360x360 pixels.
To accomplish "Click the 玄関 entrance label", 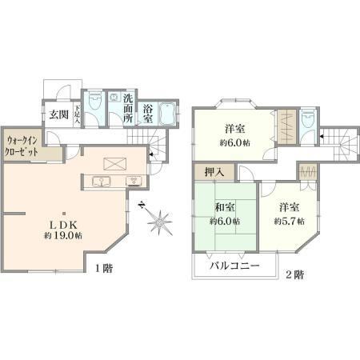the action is (x=59, y=115).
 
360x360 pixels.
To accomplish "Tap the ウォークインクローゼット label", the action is (x=22, y=146).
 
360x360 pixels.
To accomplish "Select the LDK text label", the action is (x=63, y=225).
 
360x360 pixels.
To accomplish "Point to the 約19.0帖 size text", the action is (x=63, y=236).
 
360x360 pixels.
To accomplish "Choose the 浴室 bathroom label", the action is (x=148, y=114).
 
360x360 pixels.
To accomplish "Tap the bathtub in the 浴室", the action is (x=167, y=114).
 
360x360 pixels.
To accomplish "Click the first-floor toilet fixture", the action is (x=95, y=100).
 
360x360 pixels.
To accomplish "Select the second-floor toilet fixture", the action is (x=308, y=118).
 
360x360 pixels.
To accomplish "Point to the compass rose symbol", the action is (x=159, y=222).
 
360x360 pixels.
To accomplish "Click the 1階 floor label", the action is (x=104, y=268).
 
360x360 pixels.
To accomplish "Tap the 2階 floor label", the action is (x=295, y=274).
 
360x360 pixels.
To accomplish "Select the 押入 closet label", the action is (x=214, y=172).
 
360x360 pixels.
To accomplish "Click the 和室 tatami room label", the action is (x=225, y=207).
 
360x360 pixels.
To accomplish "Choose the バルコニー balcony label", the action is (x=234, y=266).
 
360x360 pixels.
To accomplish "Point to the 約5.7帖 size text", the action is (x=290, y=221).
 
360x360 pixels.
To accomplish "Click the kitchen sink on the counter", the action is (x=102, y=182).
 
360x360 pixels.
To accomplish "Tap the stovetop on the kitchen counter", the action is (x=134, y=182).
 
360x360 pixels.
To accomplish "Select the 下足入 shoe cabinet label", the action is (x=77, y=115).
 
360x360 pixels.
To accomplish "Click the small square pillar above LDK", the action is (x=64, y=214).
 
